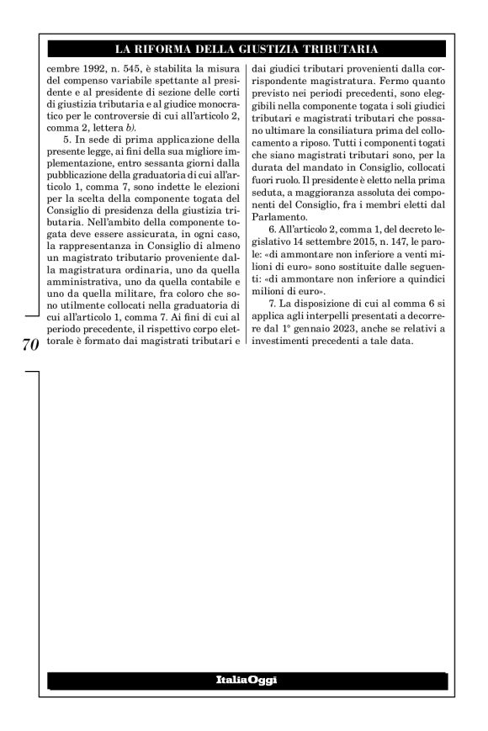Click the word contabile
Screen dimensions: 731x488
(x=210, y=278)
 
